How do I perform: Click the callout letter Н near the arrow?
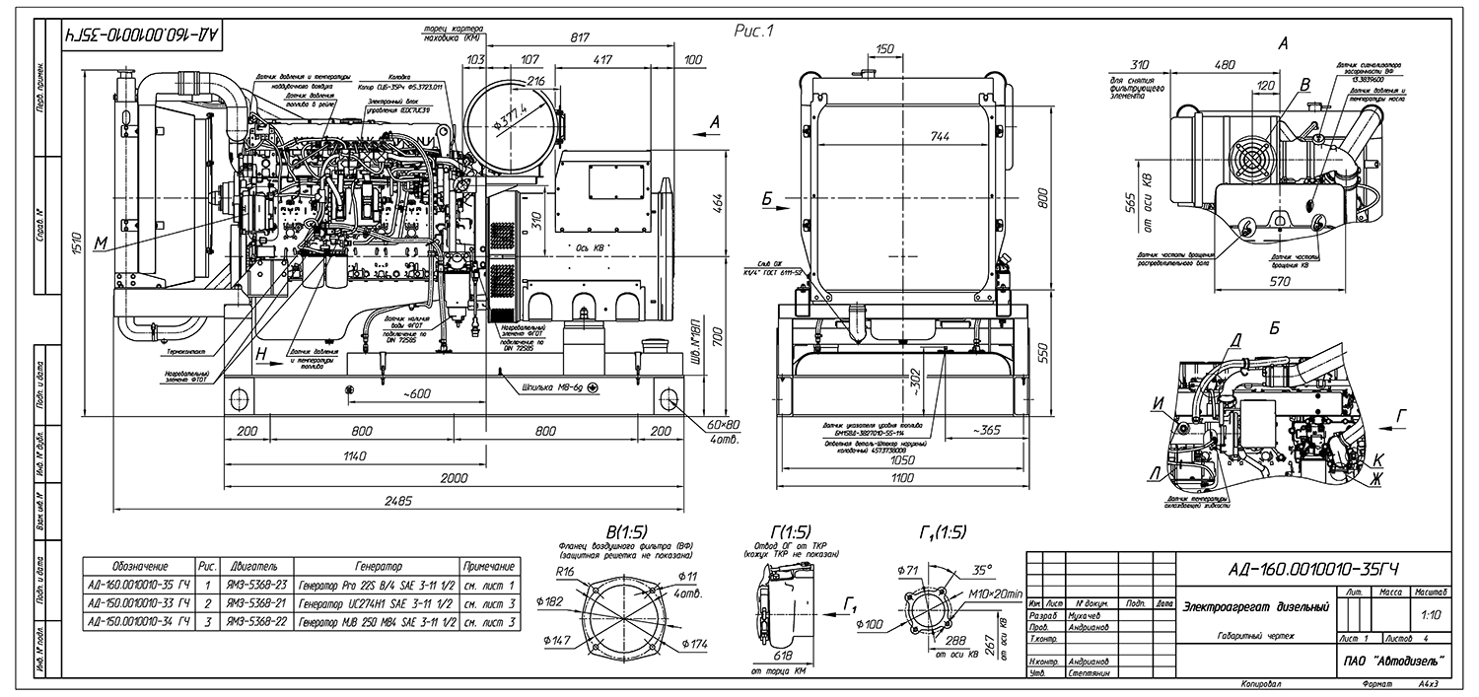pyautogui.click(x=261, y=353)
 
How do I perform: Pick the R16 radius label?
pyautogui.click(x=565, y=572)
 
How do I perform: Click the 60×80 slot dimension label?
pyautogui.click(x=724, y=424)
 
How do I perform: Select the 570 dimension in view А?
pyautogui.click(x=1280, y=281)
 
